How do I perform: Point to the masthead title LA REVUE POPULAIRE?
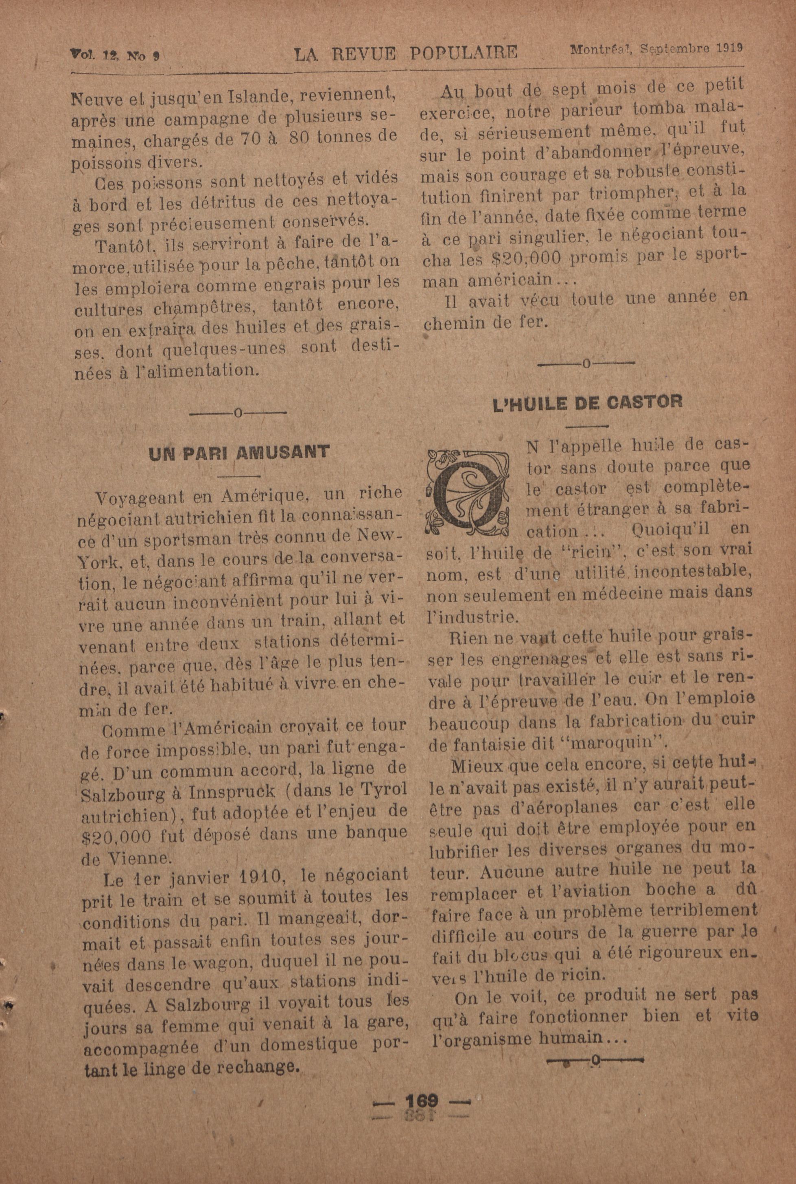coord(406,53)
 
